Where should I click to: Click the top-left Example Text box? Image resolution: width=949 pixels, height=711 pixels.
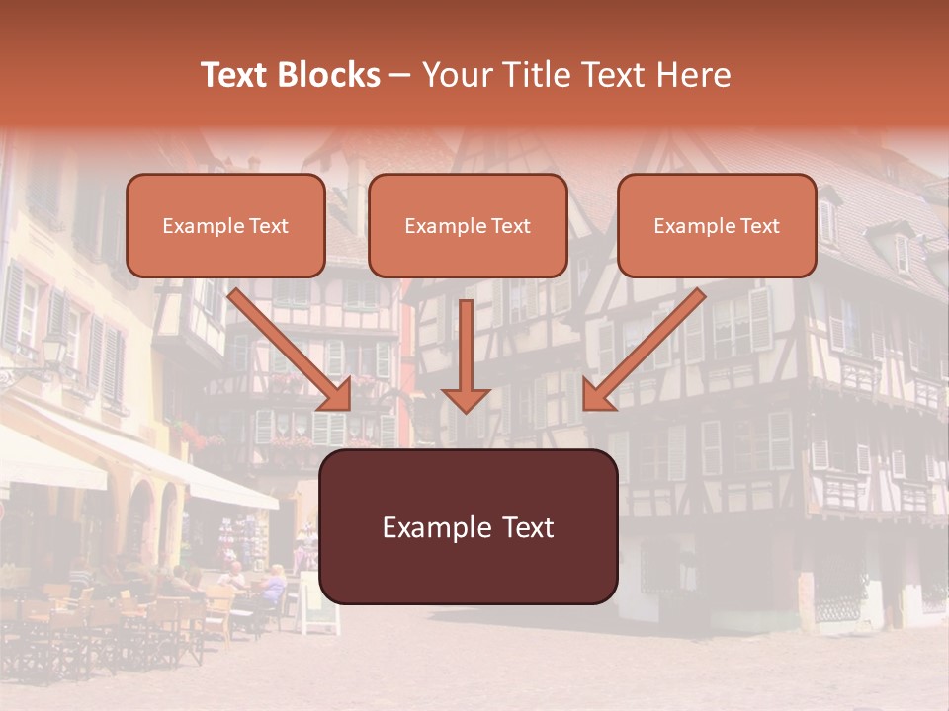click(225, 225)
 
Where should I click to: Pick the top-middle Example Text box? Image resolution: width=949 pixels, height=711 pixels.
click(468, 225)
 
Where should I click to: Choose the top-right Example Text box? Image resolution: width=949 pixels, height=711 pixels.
click(717, 225)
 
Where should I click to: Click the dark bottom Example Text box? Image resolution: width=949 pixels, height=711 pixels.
click(469, 526)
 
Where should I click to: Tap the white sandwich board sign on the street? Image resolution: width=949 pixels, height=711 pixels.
click(319, 603)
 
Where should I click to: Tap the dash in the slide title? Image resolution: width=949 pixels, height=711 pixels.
click(401, 75)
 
